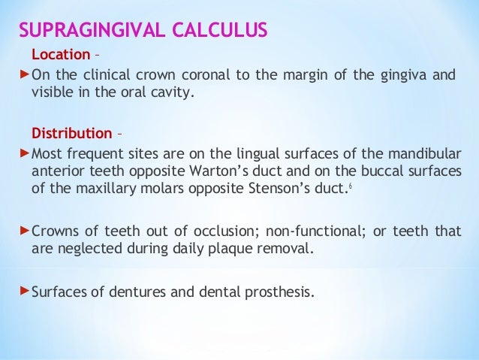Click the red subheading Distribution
point(71,134)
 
